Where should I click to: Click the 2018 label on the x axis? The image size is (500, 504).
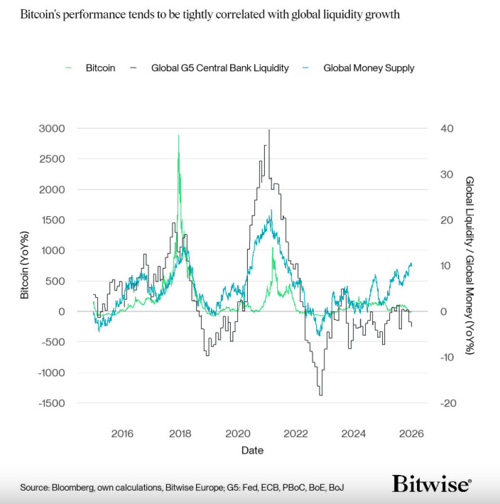pyautogui.click(x=180, y=434)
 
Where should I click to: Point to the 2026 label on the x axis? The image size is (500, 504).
pyautogui.click(x=411, y=434)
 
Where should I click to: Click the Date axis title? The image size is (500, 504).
pyautogui.click(x=252, y=450)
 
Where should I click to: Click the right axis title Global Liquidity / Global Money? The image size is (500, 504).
pyautogui.click(x=469, y=264)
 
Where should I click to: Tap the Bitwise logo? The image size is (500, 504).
pyautogui.click(x=431, y=485)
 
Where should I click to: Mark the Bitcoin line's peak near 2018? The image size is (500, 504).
pyautogui.click(x=178, y=135)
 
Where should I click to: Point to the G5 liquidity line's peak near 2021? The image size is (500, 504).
pyautogui.click(x=269, y=130)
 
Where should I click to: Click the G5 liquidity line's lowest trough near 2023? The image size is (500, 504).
pyautogui.click(x=321, y=395)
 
